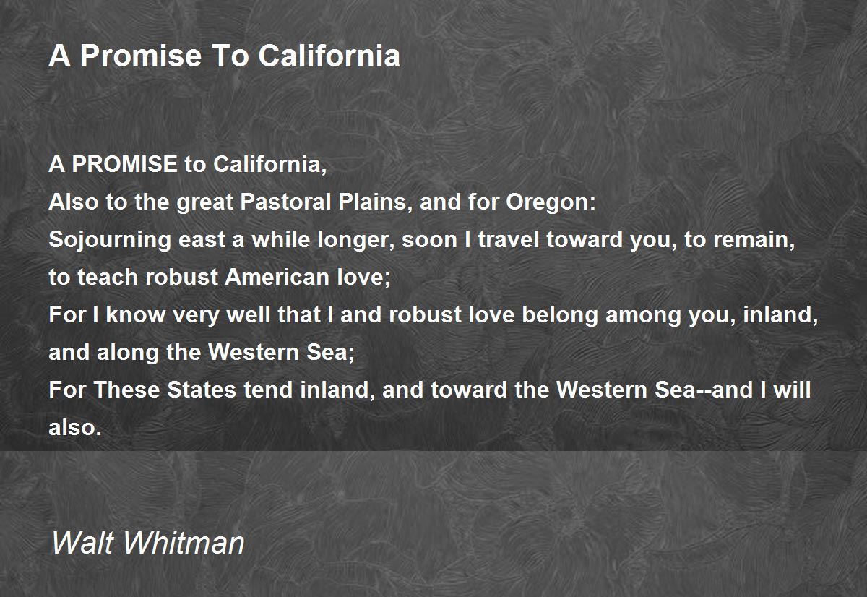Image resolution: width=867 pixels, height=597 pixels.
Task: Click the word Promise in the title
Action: pos(141,56)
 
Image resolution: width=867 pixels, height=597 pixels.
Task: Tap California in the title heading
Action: pos(329,56)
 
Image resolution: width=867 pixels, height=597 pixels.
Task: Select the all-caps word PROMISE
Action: pos(124,164)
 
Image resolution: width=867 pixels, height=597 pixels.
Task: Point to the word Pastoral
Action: pos(285,202)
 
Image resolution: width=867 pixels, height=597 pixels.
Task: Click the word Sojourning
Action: pos(110,240)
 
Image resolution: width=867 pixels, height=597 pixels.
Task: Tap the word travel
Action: pos(509,239)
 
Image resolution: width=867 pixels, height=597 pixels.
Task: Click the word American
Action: pos(277,277)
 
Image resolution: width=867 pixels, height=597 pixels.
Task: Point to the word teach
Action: pos(108,277)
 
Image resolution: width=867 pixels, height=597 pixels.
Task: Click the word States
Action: pos(202,390)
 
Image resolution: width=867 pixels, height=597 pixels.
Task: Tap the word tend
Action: pos(268,390)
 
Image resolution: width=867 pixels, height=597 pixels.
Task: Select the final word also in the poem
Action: pos(75,427)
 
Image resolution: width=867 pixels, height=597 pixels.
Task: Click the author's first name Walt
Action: pos(82,542)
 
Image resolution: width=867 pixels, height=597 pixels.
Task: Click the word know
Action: pos(136,314)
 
